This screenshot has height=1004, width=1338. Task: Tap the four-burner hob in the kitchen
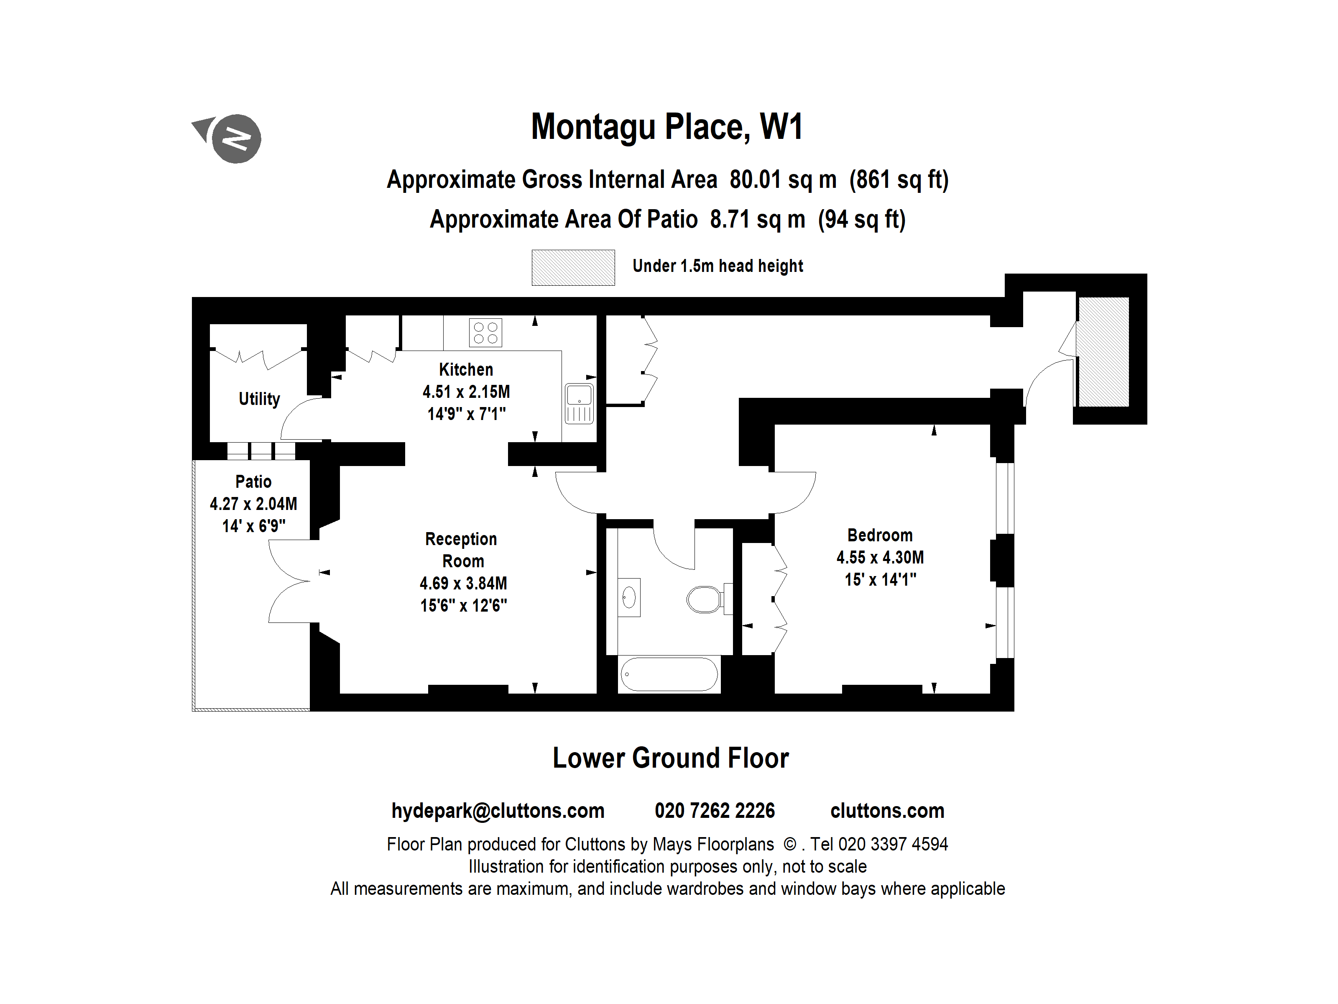[485, 332]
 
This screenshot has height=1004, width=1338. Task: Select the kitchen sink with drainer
[579, 403]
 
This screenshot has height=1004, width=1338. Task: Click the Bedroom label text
[879, 535]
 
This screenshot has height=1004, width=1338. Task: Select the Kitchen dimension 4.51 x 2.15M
[466, 392]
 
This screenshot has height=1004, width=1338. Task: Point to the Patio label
[253, 482]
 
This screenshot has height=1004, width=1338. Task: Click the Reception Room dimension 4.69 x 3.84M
[463, 584]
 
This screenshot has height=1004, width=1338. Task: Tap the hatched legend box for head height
[573, 267]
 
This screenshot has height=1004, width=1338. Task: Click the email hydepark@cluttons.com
[498, 810]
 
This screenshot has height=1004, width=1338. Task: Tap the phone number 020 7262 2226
[714, 810]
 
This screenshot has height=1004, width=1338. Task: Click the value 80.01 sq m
[783, 180]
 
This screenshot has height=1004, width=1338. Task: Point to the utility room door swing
[302, 417]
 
